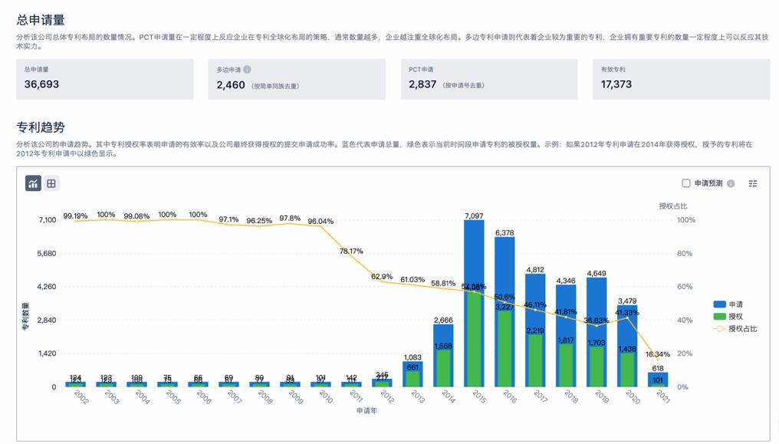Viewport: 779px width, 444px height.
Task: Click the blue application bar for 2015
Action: point(474,253)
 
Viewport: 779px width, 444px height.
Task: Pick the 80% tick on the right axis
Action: point(686,253)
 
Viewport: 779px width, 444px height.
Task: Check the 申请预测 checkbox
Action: point(686,183)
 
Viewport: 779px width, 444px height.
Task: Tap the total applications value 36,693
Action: point(41,84)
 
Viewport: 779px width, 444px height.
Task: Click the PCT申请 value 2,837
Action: point(422,84)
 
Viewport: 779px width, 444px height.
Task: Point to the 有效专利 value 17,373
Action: point(616,84)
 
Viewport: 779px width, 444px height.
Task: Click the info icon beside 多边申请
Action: point(247,69)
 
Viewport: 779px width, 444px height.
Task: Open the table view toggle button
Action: point(51,183)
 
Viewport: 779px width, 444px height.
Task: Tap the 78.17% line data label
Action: point(351,251)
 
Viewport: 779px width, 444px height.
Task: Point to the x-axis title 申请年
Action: point(366,411)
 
